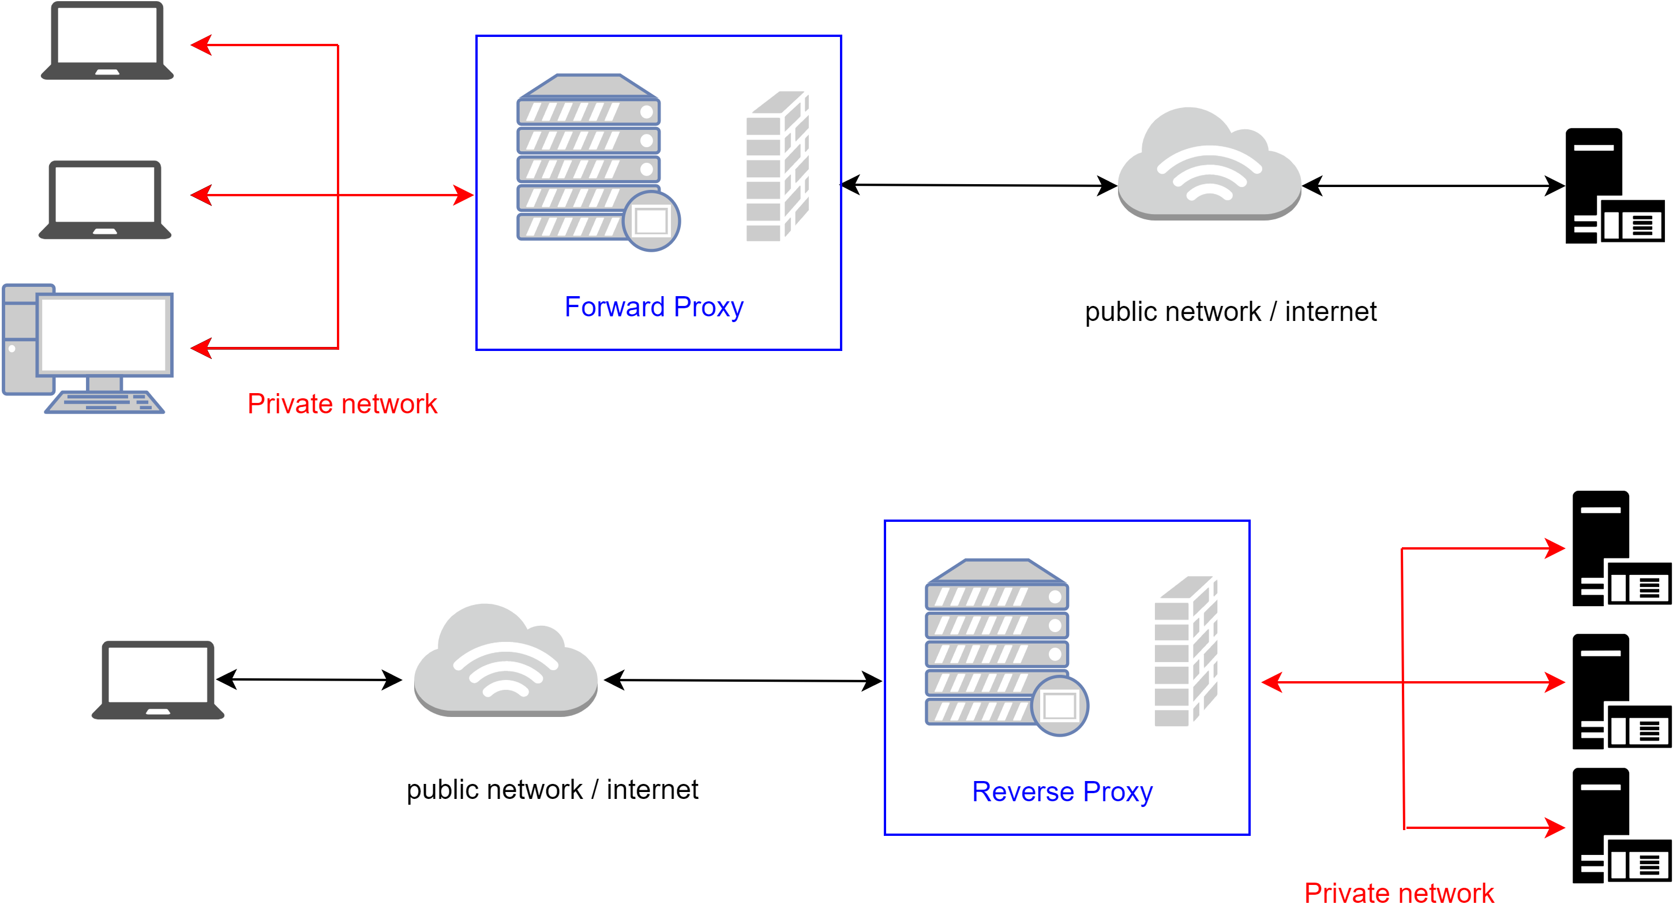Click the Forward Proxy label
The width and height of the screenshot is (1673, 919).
click(x=654, y=307)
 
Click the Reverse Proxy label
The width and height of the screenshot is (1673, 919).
click(x=1062, y=791)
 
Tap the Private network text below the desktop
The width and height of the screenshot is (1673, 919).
click(x=342, y=404)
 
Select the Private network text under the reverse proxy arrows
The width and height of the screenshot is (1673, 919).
click(x=1398, y=893)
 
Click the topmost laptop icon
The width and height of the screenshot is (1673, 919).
click(x=107, y=40)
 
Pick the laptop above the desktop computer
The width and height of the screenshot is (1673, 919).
click(x=104, y=200)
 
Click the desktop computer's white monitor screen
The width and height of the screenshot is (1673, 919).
click(x=104, y=334)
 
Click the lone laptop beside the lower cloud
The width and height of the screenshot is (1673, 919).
click(x=158, y=680)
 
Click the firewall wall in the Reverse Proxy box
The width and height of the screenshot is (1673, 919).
click(x=1186, y=651)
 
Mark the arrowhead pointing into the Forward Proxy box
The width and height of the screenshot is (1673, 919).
click(x=464, y=195)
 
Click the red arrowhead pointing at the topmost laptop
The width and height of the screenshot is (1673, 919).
click(x=201, y=45)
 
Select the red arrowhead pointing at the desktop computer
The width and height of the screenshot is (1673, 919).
click(x=201, y=348)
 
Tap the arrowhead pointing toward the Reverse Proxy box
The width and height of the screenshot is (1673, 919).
click(x=1271, y=682)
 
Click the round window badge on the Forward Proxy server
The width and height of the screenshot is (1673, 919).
click(x=651, y=221)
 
